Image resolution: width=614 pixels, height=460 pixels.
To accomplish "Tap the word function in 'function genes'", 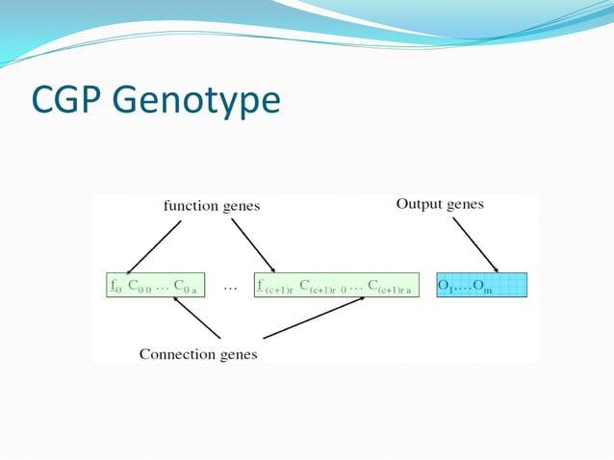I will click(188, 205).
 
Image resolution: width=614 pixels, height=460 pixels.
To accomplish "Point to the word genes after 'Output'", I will click(465, 204).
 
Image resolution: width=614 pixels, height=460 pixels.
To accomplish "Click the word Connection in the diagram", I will click(174, 353).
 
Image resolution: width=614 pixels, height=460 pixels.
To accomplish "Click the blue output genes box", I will click(482, 285).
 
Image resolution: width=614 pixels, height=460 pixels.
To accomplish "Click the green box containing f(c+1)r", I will click(337, 285).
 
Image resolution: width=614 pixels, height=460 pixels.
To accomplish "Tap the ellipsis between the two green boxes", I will click(231, 285).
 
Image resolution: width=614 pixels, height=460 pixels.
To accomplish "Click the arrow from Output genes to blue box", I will click(474, 244).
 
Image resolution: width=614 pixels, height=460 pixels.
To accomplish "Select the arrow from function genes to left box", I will click(154, 246).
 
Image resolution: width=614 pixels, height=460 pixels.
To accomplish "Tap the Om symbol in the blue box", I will click(482, 286).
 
